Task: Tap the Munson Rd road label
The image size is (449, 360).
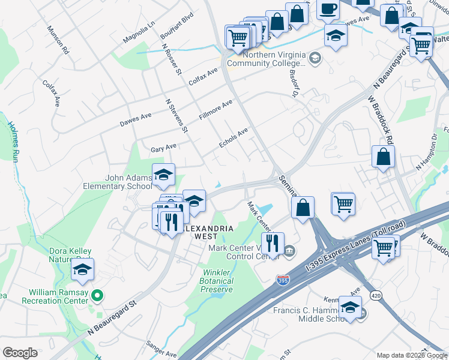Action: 58,41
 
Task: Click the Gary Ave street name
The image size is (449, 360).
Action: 163,147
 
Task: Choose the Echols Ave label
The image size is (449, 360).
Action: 234,139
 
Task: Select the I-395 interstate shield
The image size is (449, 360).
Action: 282,280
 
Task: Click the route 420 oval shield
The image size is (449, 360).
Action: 376,295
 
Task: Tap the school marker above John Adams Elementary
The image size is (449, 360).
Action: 163,175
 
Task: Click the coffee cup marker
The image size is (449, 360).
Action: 328,8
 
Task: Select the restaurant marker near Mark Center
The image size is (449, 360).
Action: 273,243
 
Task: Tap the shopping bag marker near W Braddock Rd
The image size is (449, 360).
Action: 383,157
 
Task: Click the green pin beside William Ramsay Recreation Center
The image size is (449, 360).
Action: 101,295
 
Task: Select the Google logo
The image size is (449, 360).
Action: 20,353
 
